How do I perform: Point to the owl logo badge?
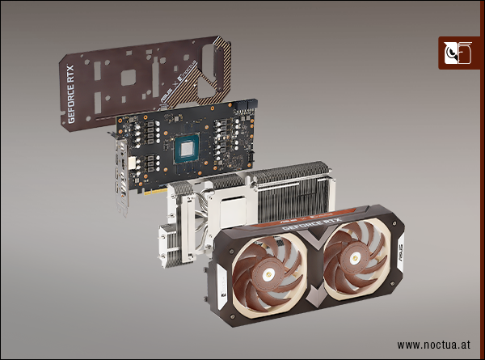pyautogui.click(x=456, y=53)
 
